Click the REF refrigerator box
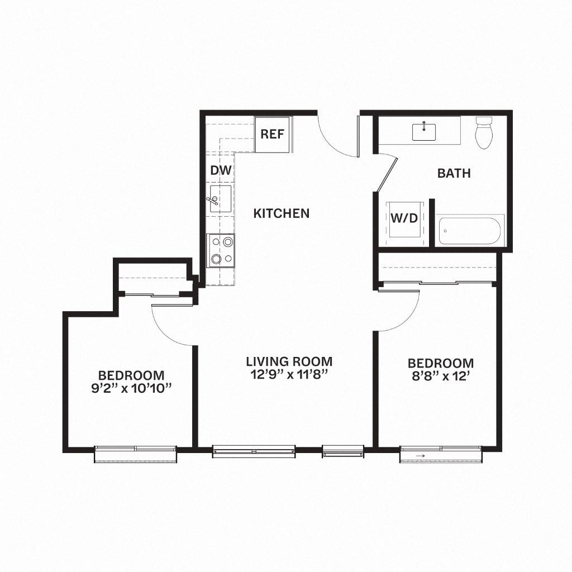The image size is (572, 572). (x=273, y=134)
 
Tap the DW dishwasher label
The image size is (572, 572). (x=221, y=170)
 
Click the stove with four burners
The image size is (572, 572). (x=220, y=250)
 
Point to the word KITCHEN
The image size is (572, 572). (x=282, y=213)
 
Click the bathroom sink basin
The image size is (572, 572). (x=424, y=132)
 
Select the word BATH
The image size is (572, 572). (x=454, y=173)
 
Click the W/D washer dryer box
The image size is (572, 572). (x=404, y=218)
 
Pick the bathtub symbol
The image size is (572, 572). (x=471, y=230)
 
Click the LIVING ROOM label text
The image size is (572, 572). (x=289, y=361)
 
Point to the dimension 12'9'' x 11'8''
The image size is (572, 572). (x=289, y=375)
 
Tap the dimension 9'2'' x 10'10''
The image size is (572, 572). (x=131, y=388)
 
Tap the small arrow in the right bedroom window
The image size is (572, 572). (x=421, y=456)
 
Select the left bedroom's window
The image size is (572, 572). (x=136, y=452)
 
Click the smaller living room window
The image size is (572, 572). (x=342, y=451)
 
